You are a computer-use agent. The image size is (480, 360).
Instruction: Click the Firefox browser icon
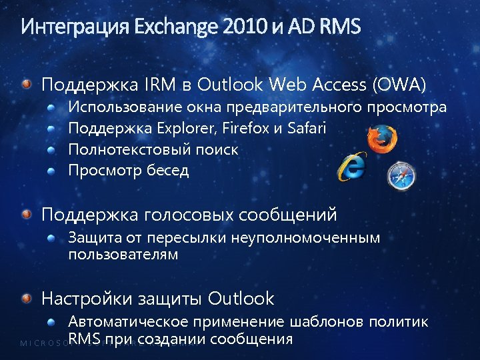tap(383, 141)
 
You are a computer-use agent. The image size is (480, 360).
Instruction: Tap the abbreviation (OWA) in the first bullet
tap(399, 85)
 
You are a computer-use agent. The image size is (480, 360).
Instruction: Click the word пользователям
tap(123, 254)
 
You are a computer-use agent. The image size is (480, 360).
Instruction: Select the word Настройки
tap(88, 297)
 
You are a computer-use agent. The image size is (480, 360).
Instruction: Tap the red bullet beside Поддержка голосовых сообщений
tap(25, 215)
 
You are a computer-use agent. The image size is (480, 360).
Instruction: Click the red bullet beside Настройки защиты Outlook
tap(25, 297)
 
